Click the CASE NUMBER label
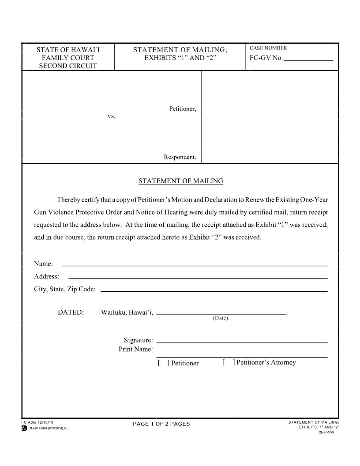pos(268,48)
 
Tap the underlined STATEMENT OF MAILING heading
pos(181,181)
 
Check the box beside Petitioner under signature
pos(162,363)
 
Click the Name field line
pos(195,264)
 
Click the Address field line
pos(198,277)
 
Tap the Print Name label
pos(135,349)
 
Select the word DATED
pos(71,312)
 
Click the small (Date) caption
pos(221,318)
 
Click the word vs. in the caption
pos(112,116)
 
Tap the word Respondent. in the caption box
pos(180,157)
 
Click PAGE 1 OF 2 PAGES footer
pos(161,424)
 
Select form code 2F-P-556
pos(326,432)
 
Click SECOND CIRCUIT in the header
pos(68,66)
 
